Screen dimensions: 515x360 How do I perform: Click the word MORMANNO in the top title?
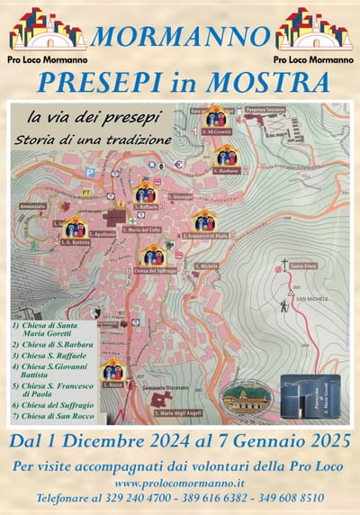180,37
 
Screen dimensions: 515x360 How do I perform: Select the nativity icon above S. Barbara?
227,154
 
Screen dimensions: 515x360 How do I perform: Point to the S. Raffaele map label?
146,206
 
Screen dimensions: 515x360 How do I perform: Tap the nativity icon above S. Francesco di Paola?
204,221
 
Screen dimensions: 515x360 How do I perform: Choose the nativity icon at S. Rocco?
112,369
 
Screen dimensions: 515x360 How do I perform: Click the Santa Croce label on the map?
292,266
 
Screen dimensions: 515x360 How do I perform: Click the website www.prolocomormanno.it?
179,483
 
